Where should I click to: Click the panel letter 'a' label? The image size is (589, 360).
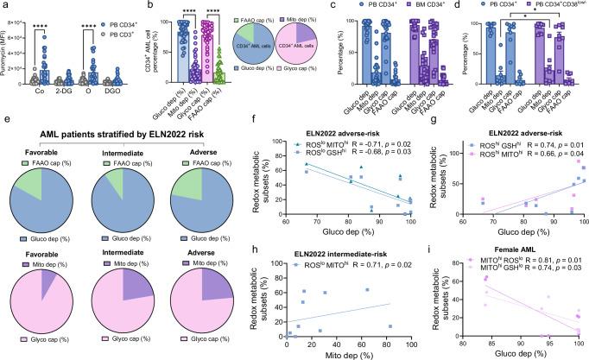(4, 7)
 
